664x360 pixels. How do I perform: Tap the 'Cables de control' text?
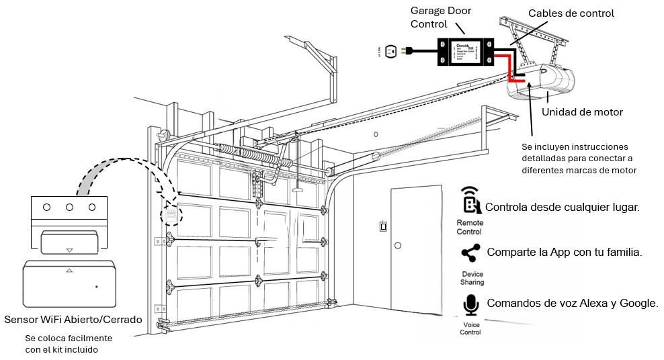571,13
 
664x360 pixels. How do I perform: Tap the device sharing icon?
470,253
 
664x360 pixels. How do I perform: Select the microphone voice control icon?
471,304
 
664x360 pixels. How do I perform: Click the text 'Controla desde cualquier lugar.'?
562,208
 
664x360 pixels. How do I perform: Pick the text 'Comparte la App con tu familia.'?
564,253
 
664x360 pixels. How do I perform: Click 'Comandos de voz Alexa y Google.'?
572,304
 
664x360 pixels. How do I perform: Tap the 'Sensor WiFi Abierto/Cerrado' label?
73,319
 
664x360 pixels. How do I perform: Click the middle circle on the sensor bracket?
69,207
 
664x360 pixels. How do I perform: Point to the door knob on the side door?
398,246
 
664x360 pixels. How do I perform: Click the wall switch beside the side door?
383,226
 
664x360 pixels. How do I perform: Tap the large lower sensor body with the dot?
69,285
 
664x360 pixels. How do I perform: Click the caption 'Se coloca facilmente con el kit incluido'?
68,343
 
